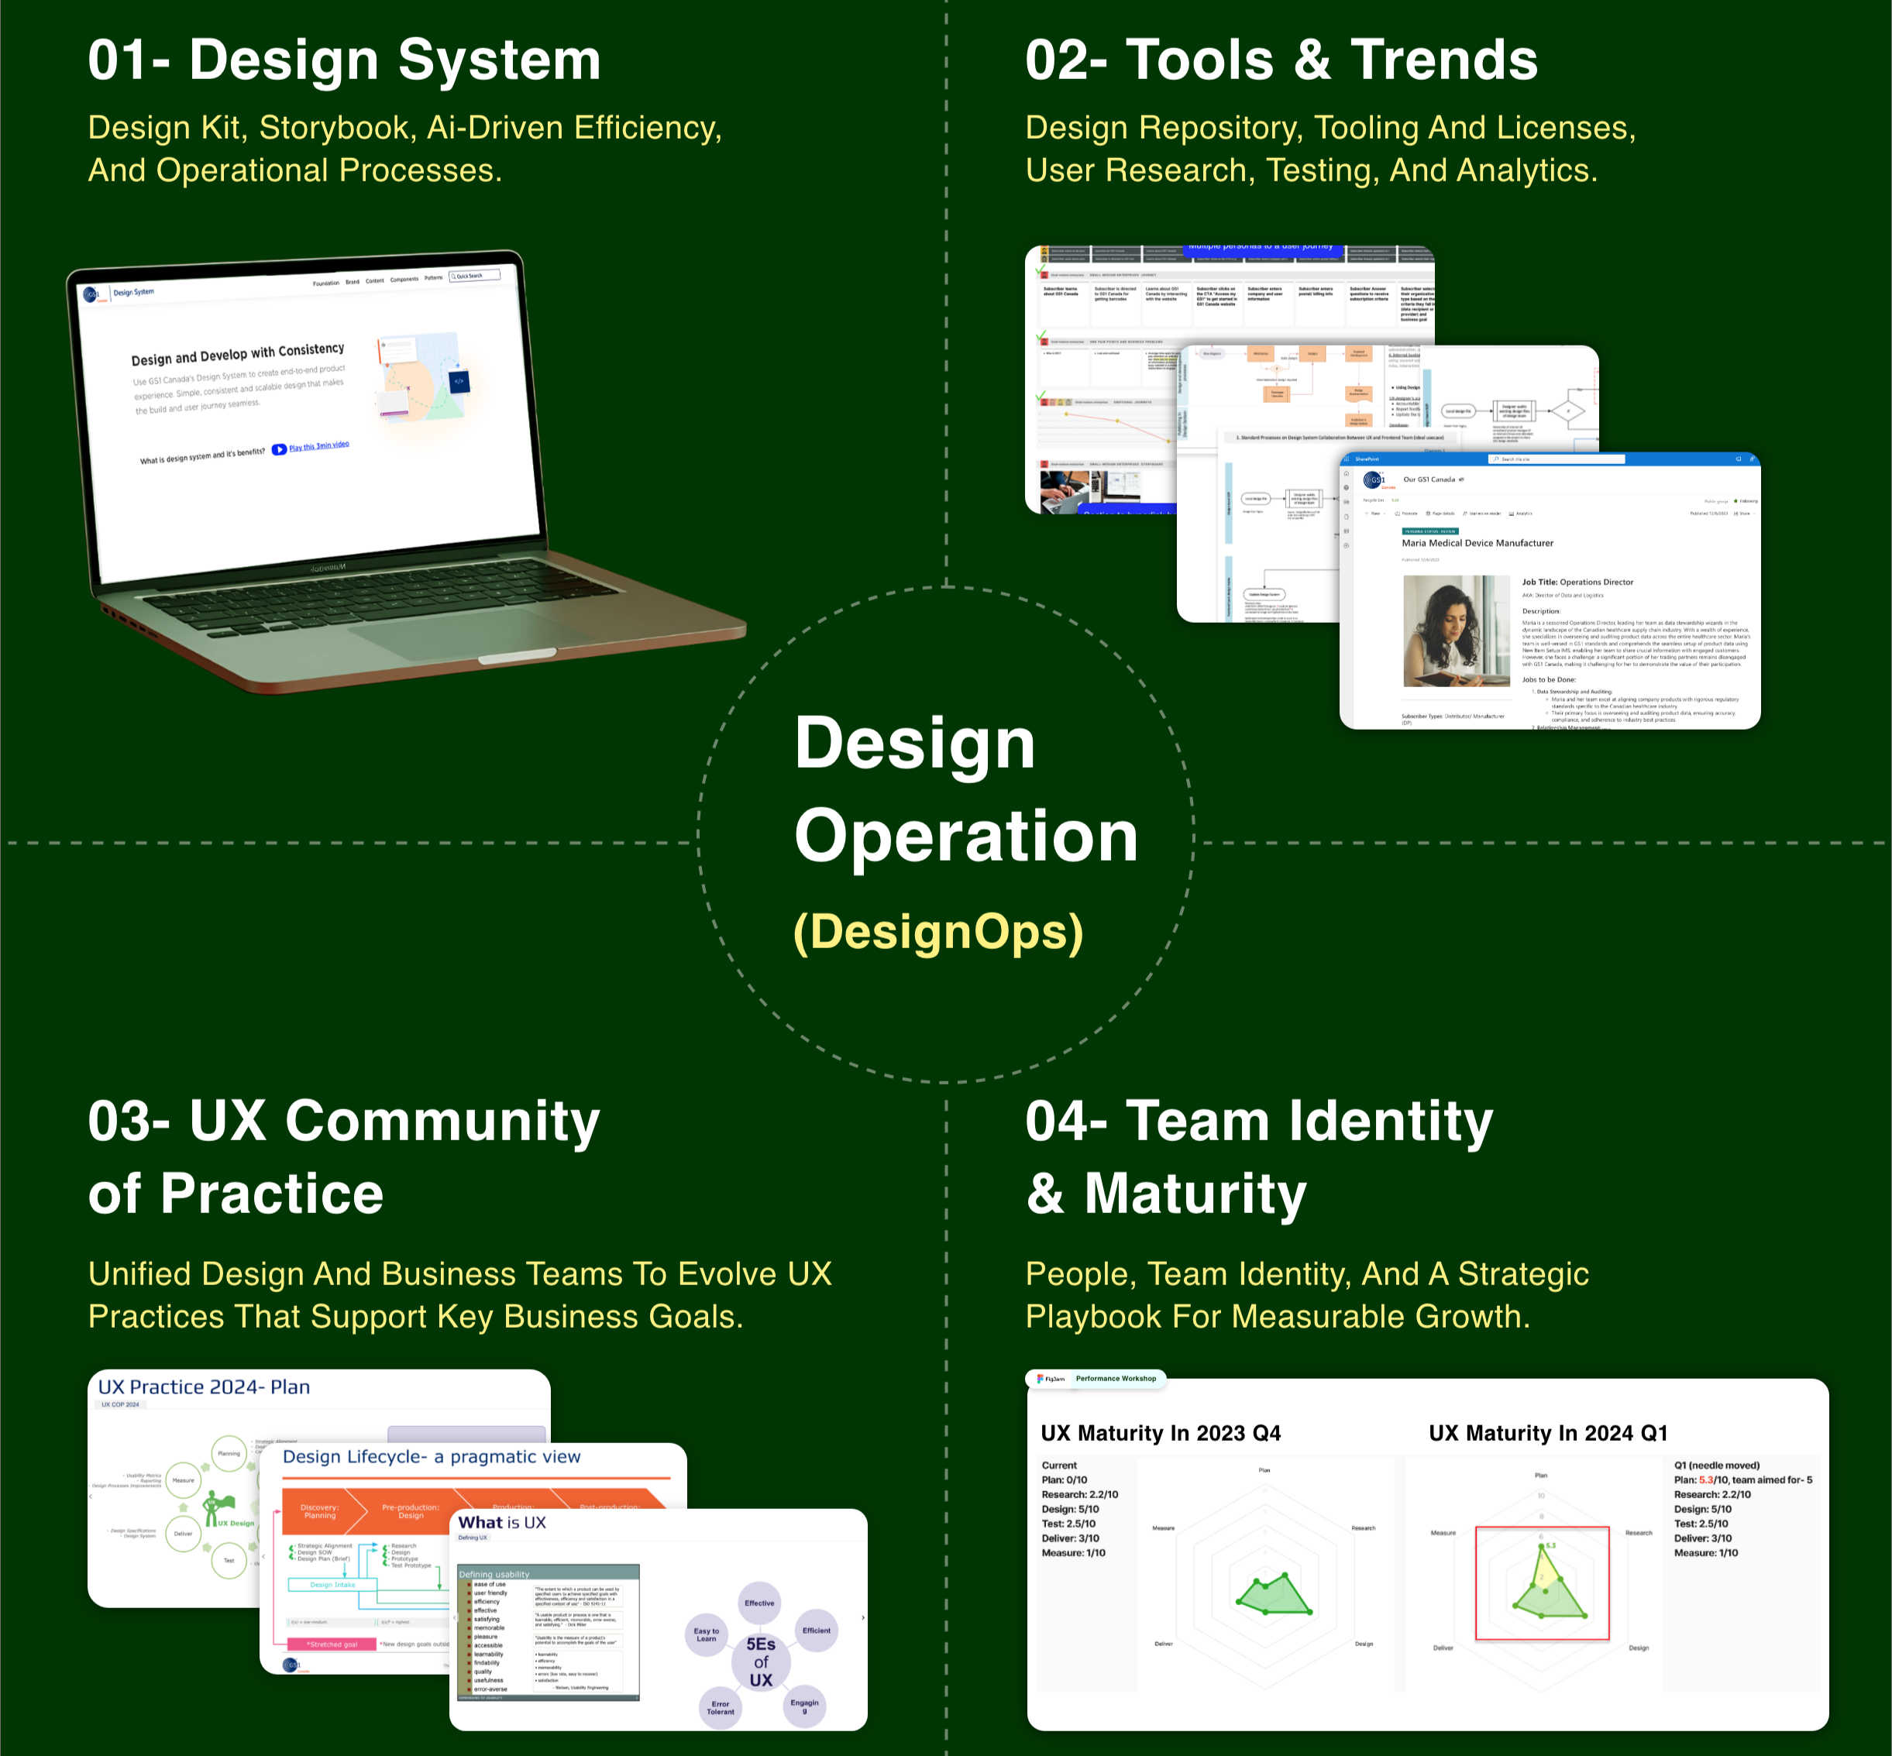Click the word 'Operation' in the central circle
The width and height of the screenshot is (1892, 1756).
(x=965, y=837)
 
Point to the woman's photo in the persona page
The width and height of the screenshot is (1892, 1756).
(x=1455, y=630)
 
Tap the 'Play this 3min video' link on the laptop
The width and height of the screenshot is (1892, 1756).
(x=318, y=445)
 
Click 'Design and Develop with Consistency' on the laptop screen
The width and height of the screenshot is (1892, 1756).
(x=238, y=355)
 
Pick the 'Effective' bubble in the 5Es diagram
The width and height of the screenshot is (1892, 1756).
(x=759, y=1603)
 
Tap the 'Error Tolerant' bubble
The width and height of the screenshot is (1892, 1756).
(x=721, y=1707)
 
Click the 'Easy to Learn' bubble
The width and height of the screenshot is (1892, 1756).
(x=706, y=1634)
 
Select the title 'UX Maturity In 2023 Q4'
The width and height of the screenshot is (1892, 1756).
(x=1161, y=1433)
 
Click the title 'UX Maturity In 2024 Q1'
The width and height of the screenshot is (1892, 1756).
(x=1548, y=1433)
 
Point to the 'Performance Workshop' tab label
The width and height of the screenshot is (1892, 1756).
(x=1116, y=1378)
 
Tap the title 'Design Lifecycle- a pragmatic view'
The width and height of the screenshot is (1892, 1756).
(x=432, y=1457)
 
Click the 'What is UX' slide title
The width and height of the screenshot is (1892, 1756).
(x=502, y=1522)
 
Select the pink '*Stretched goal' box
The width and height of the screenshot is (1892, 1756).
(x=332, y=1644)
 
